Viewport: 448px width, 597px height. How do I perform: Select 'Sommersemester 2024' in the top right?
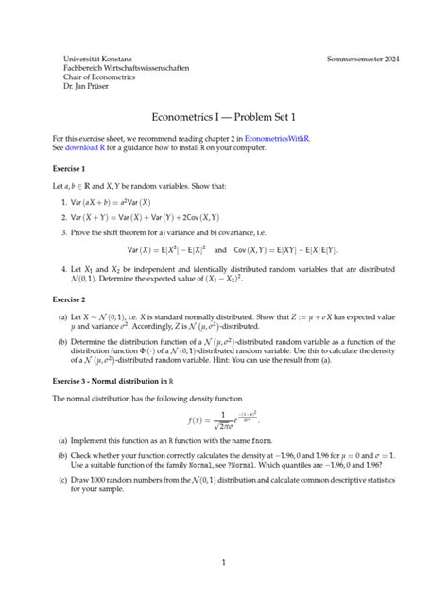pos(363,59)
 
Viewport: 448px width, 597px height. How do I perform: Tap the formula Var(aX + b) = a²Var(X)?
pos(125,202)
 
